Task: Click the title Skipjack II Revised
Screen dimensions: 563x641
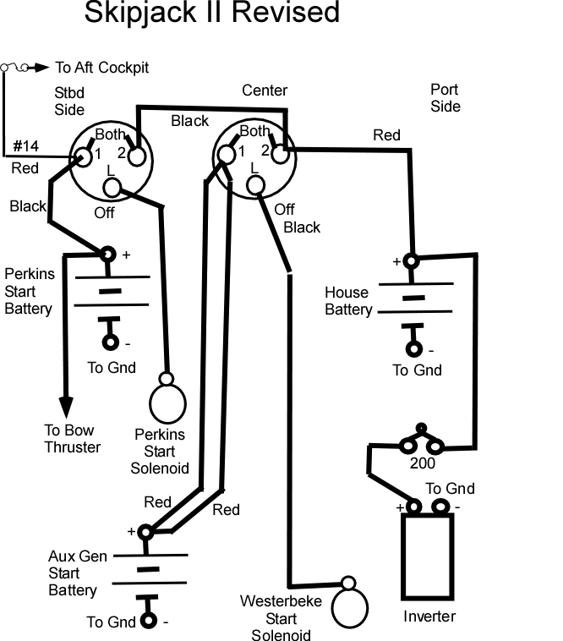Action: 211,13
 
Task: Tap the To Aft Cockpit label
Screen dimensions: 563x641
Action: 101,68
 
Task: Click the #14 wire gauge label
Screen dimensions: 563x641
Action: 25,146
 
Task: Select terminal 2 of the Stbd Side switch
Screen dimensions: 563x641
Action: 137,156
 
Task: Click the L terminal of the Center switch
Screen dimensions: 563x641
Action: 256,185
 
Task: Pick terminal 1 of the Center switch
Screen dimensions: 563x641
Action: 227,155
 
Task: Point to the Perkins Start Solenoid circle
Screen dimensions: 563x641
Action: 167,403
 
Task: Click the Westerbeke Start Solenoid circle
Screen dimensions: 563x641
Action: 350,608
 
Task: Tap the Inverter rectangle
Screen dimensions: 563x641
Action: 428,556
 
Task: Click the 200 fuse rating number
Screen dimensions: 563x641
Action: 423,463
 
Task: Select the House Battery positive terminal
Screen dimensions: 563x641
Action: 411,260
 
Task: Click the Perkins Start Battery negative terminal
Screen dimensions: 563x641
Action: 110,342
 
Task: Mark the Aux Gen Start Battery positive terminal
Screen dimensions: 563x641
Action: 145,532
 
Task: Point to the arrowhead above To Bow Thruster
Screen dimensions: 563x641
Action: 66,407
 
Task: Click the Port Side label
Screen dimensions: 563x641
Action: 445,98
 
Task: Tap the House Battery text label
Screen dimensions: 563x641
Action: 348,301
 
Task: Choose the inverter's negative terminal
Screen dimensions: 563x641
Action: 440,507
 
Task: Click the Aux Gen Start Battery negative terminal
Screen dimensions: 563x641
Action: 148,621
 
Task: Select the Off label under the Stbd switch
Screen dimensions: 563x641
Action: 104,213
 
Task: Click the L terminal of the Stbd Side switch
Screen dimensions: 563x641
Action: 112,188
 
